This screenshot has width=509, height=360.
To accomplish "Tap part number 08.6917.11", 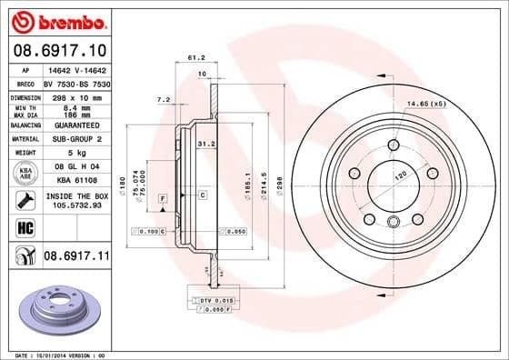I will coord(75,257).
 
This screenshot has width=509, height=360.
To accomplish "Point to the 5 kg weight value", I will coord(75,154).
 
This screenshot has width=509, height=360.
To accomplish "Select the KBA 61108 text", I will coord(75,182).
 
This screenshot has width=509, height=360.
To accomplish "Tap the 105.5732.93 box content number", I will coord(75,205).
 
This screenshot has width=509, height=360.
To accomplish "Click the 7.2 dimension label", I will coord(164,99).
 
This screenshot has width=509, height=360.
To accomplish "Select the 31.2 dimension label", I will coord(206,142).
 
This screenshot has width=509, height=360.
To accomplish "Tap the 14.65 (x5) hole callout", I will coord(427,105).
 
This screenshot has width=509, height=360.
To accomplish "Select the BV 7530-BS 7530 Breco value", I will coord(75,83).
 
